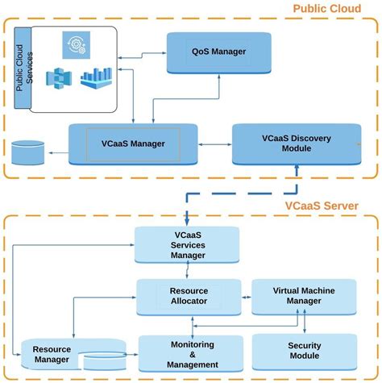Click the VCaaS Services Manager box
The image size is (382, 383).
point(186,244)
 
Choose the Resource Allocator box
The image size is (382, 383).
point(189,295)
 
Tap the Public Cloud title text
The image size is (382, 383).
point(326,10)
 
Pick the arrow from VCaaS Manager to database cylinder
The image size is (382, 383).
point(56,151)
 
